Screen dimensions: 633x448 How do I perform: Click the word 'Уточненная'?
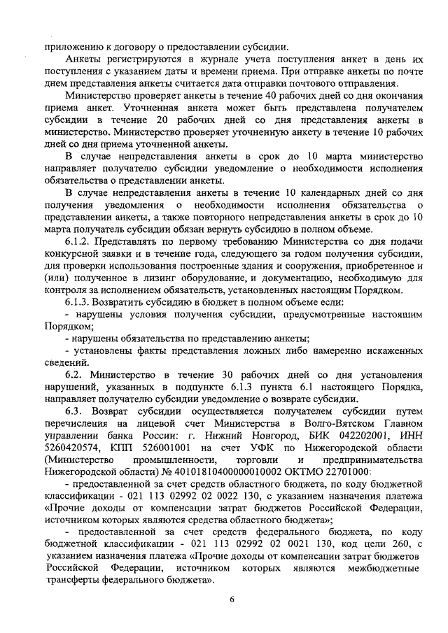click(156, 109)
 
